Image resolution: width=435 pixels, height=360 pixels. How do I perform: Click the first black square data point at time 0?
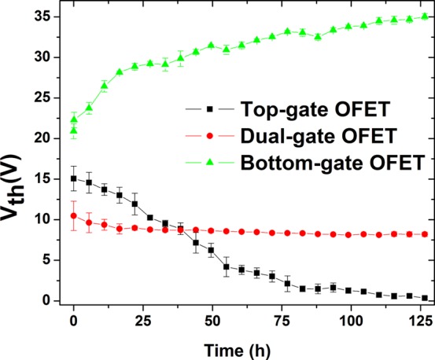coord(74,178)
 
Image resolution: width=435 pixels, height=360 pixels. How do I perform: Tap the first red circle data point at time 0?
coord(74,215)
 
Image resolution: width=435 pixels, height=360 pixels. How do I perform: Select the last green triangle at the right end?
coord(425,17)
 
